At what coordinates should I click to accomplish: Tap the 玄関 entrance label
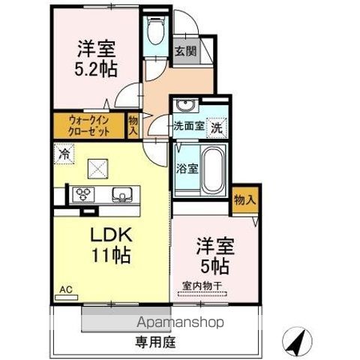[x=185, y=51]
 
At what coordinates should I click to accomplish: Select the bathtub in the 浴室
[x=213, y=169]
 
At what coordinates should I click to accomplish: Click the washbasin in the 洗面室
[x=185, y=105]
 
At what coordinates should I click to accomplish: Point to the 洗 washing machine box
[x=217, y=128]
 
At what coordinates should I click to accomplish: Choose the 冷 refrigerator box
[x=64, y=154]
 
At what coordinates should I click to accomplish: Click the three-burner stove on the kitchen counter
[x=83, y=194]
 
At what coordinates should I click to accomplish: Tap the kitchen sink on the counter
[x=122, y=194]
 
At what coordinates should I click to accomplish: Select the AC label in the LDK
[x=66, y=289]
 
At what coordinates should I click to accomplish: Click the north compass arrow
[x=297, y=342]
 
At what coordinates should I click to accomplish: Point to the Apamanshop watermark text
[x=180, y=322]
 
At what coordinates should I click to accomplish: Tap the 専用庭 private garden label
[x=155, y=342]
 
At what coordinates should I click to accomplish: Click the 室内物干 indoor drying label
[x=202, y=286]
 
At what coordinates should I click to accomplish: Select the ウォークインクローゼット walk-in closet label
[x=89, y=126]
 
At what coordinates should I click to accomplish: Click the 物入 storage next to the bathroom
[x=245, y=200]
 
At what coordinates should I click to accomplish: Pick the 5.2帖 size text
[x=96, y=69]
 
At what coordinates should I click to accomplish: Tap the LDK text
[x=111, y=235]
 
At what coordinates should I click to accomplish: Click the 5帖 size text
[x=215, y=266]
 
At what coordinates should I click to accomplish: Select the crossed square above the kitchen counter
[x=97, y=169]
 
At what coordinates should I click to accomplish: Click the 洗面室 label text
[x=189, y=126]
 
